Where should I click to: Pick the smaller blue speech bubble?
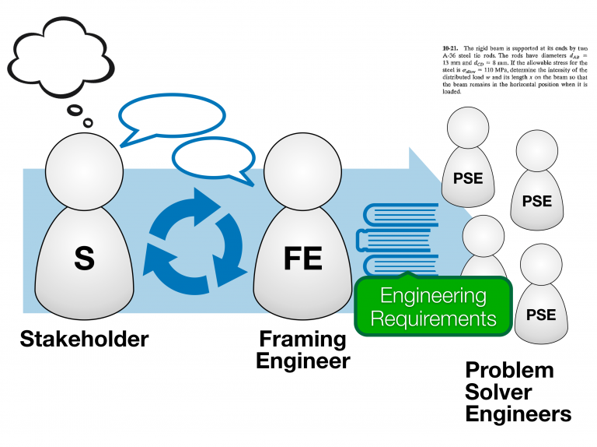click(x=214, y=159)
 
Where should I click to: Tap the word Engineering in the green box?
click(x=433, y=296)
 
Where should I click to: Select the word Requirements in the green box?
click(x=433, y=318)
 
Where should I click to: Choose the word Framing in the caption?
click(x=302, y=340)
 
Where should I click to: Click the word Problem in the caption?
click(x=509, y=369)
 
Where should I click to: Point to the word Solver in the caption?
click(x=499, y=391)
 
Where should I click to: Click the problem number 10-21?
click(x=440, y=48)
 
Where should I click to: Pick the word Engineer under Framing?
click(x=303, y=361)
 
